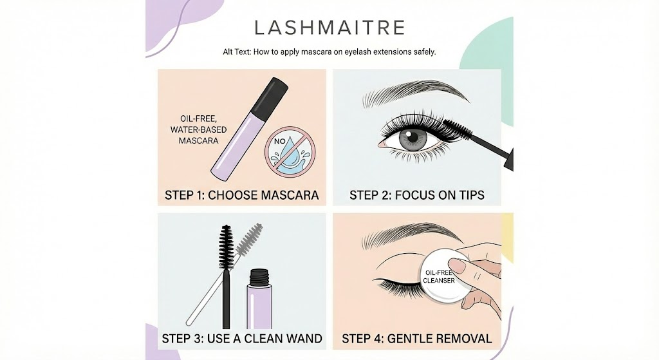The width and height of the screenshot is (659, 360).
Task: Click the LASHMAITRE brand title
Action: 329,28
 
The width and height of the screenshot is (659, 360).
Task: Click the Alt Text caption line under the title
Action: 329,52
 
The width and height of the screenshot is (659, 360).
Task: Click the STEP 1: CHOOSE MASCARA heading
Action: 241,194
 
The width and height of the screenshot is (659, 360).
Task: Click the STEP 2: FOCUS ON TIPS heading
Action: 416,194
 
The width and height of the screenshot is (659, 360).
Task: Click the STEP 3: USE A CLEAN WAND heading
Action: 241,338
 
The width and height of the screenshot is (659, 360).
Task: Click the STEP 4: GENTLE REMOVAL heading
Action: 416,338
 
